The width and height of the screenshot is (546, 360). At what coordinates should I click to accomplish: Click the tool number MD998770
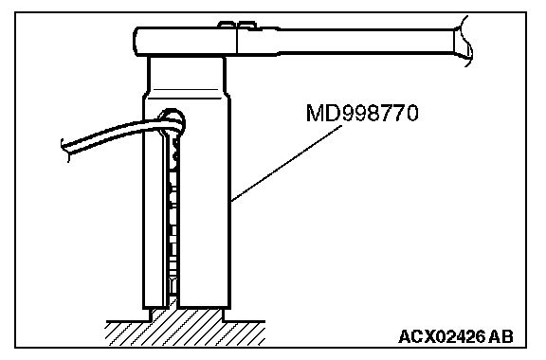pyautogui.click(x=362, y=113)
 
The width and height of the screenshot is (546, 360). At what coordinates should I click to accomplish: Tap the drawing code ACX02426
pyautogui.click(x=442, y=336)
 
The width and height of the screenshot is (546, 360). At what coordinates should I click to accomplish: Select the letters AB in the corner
pyautogui.click(x=500, y=336)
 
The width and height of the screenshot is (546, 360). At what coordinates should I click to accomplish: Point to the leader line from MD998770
pyautogui.click(x=286, y=164)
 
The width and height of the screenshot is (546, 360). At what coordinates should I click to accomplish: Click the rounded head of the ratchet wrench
pyautogui.click(x=186, y=42)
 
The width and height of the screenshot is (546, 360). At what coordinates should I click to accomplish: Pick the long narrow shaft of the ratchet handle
pyautogui.click(x=366, y=42)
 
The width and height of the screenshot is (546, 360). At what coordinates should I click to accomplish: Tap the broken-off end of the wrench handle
pyautogui.click(x=464, y=41)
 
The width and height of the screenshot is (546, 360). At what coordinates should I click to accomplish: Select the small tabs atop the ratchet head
pyautogui.click(x=237, y=25)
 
